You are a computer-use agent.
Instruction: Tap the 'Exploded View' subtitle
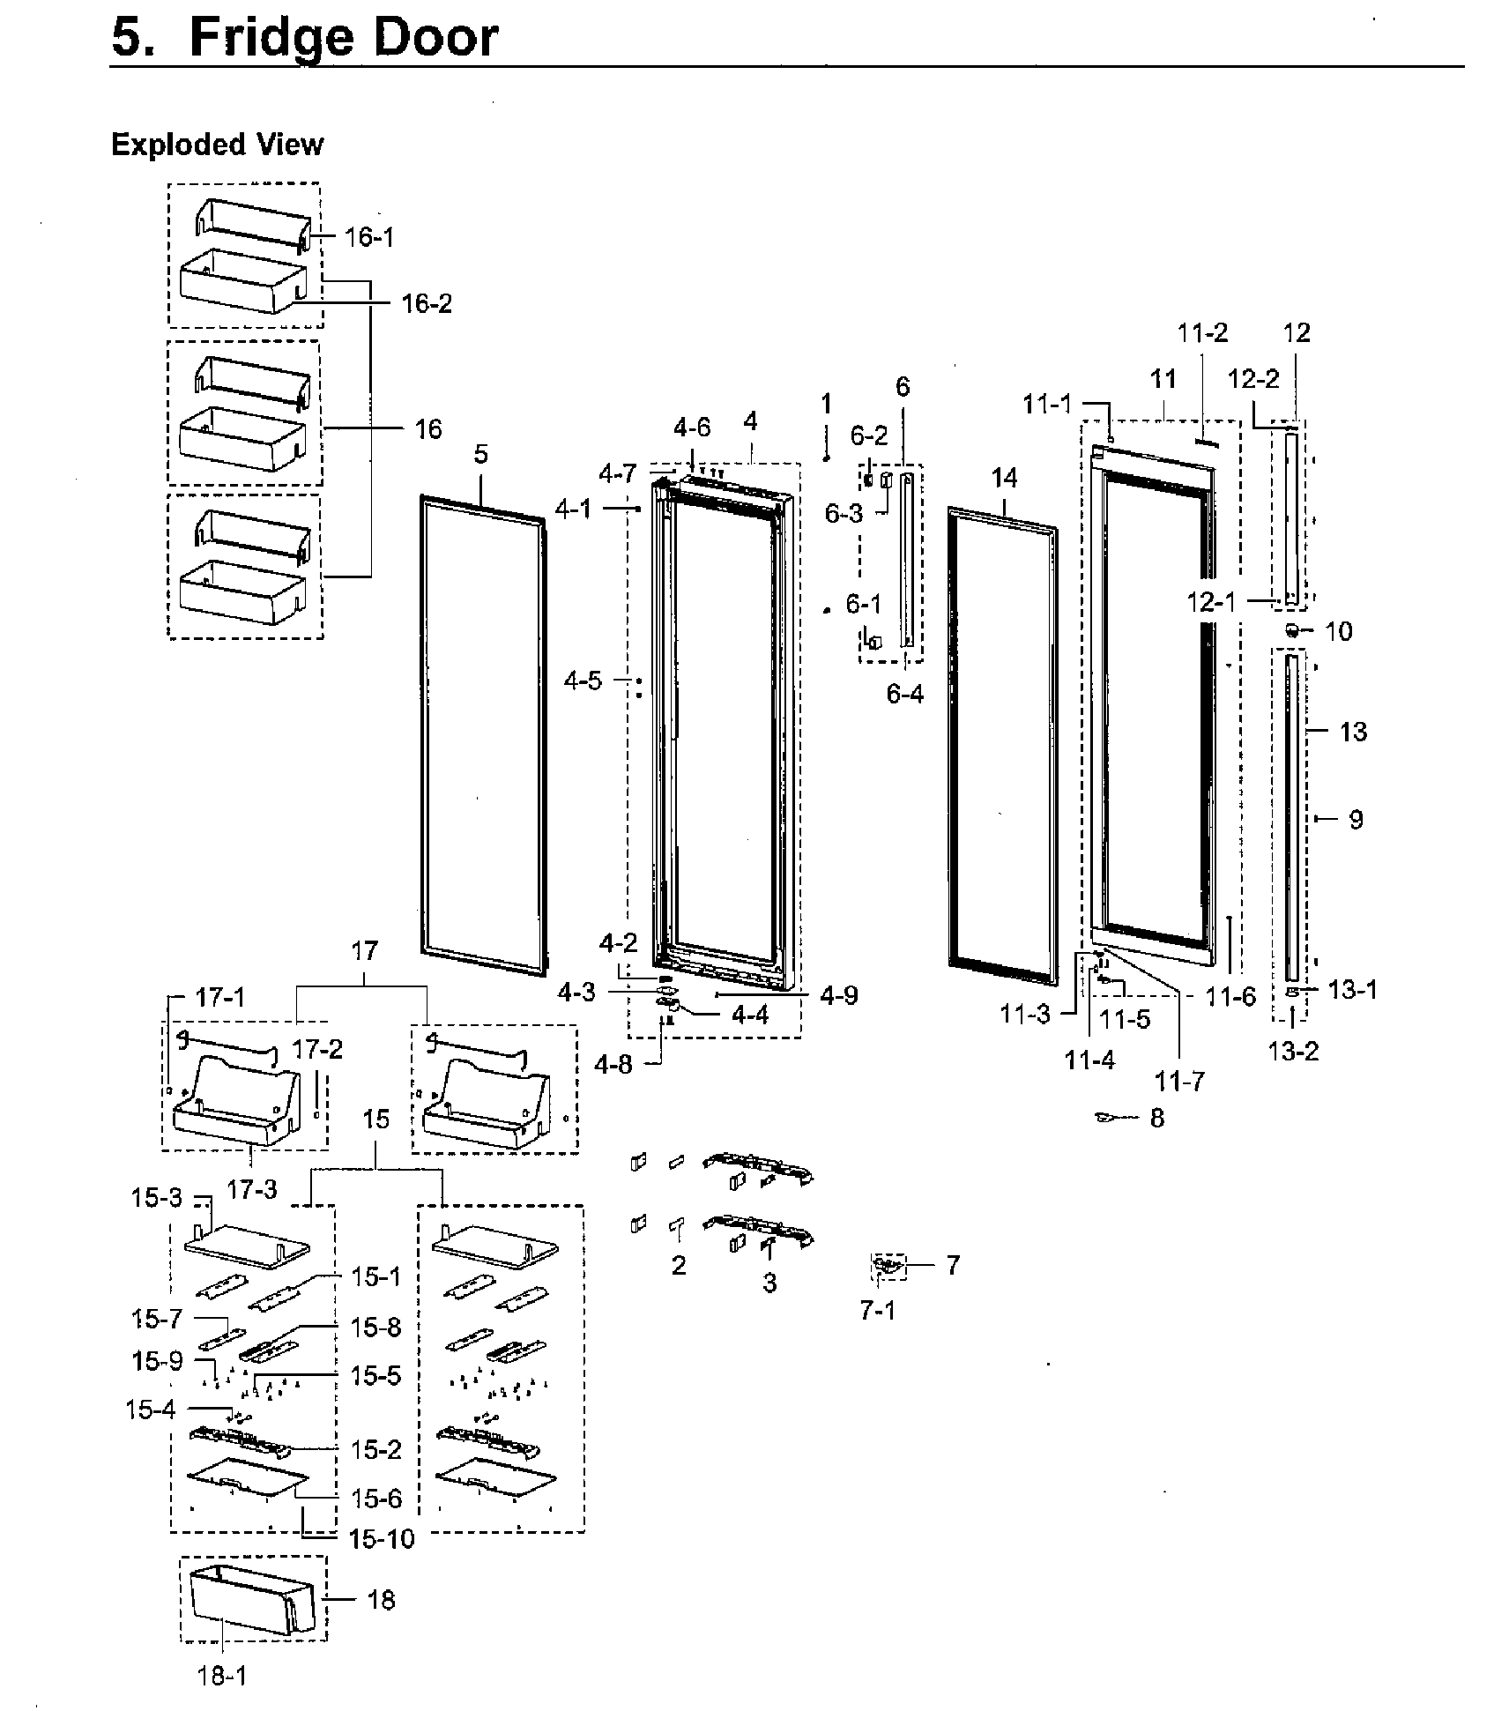pos(217,145)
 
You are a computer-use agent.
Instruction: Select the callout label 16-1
pos(369,237)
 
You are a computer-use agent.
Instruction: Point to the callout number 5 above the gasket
pos(480,454)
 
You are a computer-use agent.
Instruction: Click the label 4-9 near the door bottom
pos(838,995)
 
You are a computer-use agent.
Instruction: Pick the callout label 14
pos(1004,479)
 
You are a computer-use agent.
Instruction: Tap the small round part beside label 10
pos(1292,630)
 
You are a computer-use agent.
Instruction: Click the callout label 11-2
pos(1202,333)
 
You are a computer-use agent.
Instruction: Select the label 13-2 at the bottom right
pos(1293,1051)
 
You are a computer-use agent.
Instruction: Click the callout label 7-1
pos(877,1311)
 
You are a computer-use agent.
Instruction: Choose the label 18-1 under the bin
pos(222,1676)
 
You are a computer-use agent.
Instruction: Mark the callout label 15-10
pos(381,1539)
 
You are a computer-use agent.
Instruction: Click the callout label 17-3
pos(251,1190)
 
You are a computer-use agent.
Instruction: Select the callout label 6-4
pos(904,695)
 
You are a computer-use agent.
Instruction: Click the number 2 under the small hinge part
pos(678,1266)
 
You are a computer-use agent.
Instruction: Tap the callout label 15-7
pos(157,1319)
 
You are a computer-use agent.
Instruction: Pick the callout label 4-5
pos(583,681)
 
